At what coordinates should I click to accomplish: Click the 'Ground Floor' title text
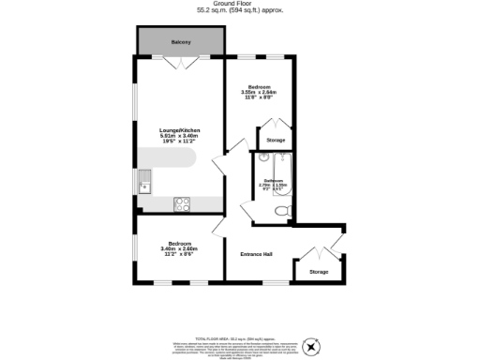click(240, 4)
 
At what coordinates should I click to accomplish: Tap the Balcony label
click(181, 42)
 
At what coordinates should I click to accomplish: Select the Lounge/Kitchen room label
click(180, 130)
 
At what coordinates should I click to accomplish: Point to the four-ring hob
click(182, 203)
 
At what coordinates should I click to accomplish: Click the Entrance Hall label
click(255, 253)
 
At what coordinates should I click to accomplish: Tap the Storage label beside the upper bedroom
click(276, 140)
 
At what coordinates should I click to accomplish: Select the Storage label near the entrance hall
click(319, 272)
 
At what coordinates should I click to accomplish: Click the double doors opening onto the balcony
click(180, 62)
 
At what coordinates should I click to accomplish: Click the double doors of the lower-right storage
click(319, 251)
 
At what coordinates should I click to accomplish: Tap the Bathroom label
click(273, 181)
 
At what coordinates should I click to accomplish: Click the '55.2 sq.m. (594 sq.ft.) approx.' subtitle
click(240, 10)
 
